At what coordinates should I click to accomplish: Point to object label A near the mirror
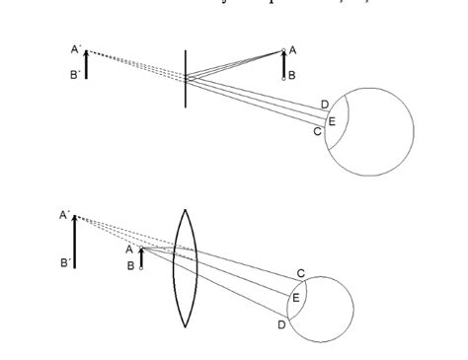[292, 50]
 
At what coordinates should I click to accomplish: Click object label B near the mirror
[292, 74]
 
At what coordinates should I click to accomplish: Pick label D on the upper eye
[325, 105]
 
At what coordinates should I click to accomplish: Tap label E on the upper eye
[331, 120]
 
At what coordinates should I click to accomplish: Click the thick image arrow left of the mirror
[86, 64]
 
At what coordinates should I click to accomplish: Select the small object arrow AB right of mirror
[284, 63]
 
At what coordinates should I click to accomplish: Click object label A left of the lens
[129, 250]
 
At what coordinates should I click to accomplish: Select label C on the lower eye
[300, 272]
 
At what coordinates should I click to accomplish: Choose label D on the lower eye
[281, 324]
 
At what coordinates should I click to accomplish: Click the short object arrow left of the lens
[141, 258]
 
